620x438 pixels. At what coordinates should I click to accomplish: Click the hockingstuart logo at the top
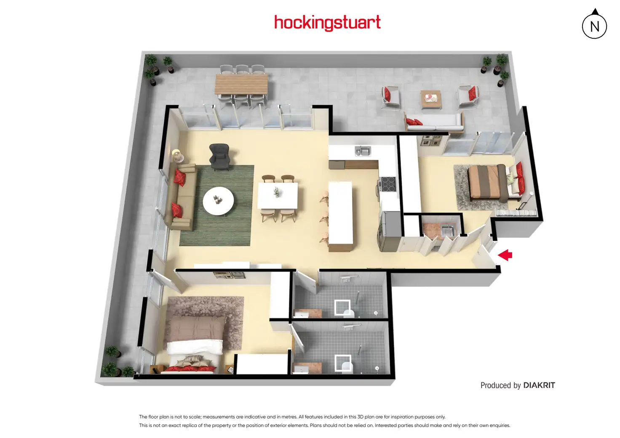click(327, 22)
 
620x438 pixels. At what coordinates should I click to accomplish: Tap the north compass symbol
click(594, 26)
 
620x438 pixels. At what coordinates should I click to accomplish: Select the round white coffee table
click(218, 201)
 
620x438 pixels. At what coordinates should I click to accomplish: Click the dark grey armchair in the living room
click(219, 156)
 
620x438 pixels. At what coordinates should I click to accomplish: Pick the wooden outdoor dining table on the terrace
click(241, 84)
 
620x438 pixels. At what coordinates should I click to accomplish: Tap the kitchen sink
click(362, 151)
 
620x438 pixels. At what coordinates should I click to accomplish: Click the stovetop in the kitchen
click(388, 184)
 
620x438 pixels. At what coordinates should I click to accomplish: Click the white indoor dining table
click(278, 196)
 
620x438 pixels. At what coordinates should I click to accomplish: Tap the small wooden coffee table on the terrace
click(431, 99)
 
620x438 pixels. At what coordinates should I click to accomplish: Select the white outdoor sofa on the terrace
click(434, 122)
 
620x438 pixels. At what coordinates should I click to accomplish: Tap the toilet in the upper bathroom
click(348, 312)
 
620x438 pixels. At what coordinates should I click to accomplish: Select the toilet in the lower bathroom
click(346, 366)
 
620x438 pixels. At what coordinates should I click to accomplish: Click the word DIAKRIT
click(539, 385)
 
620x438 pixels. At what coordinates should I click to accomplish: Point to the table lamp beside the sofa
click(176, 155)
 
